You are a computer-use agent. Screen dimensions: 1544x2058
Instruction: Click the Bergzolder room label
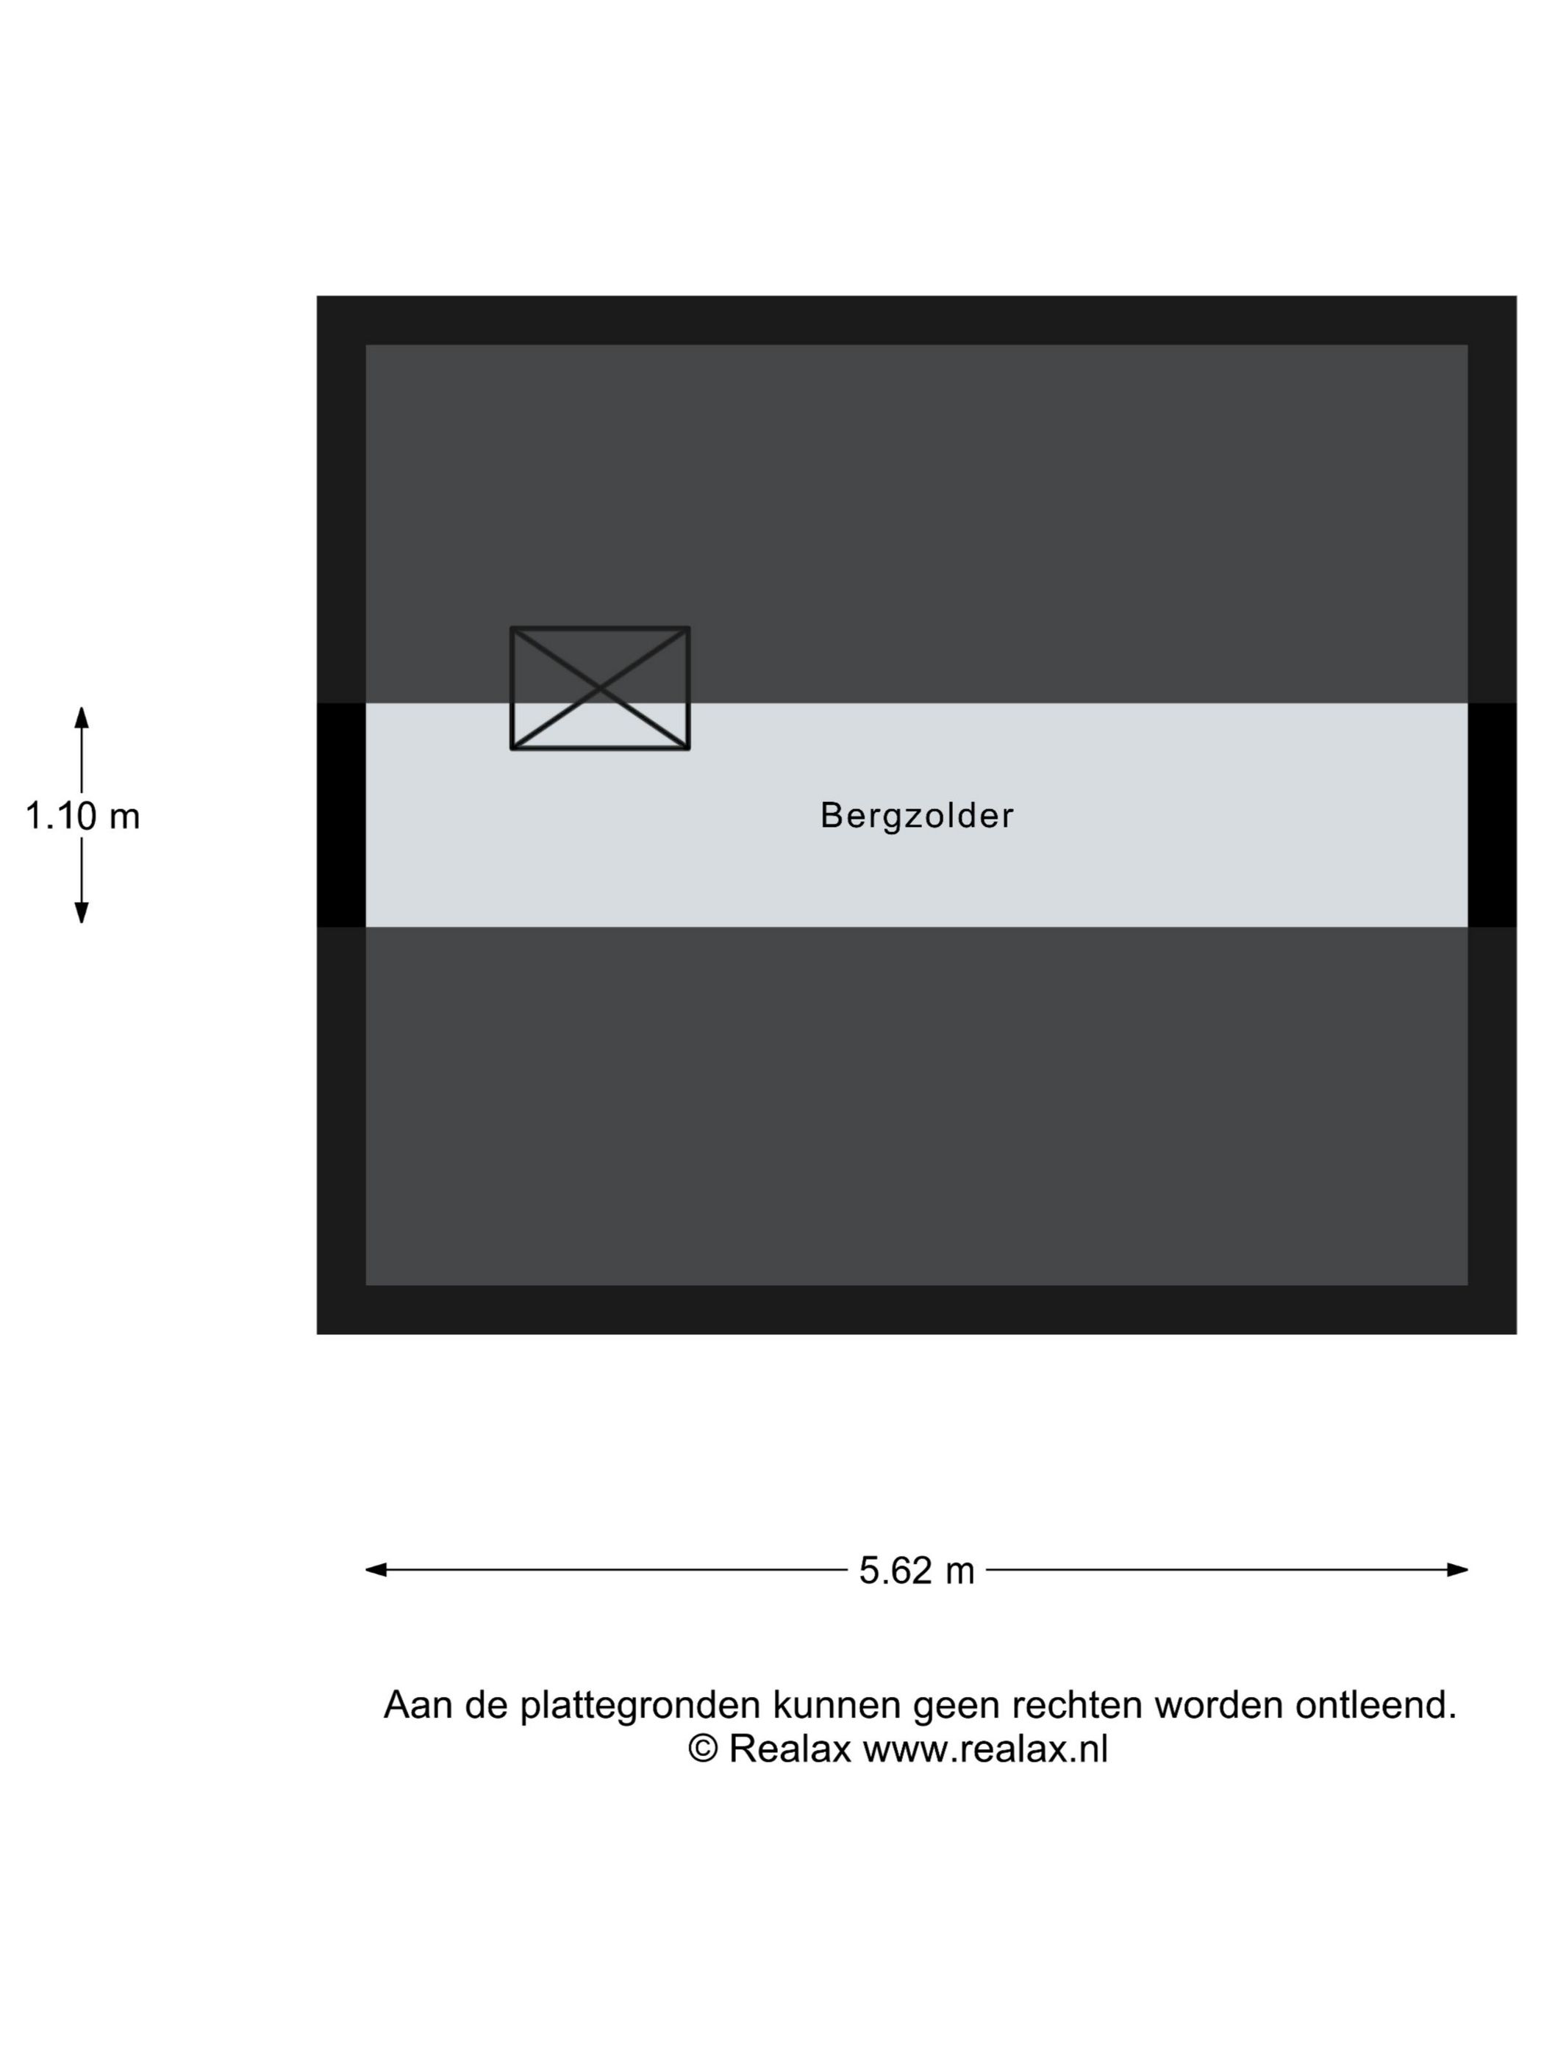(916, 817)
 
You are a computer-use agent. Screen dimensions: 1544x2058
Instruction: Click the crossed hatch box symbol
(600, 689)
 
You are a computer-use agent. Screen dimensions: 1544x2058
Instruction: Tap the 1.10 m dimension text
(82, 817)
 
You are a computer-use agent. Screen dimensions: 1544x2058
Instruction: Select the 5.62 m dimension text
(916, 1571)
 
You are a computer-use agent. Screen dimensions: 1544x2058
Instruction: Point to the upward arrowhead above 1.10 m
(82, 717)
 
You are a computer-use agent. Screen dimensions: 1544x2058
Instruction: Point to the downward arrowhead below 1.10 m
(82, 913)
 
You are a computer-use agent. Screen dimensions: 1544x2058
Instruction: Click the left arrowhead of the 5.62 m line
(376, 1571)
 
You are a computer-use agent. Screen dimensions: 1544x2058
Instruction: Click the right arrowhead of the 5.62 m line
(1457, 1571)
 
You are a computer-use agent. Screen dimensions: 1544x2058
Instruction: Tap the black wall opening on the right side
(1492, 815)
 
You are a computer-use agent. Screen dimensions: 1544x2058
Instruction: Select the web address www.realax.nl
(986, 1750)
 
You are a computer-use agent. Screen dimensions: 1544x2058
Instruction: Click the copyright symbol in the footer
(703, 1750)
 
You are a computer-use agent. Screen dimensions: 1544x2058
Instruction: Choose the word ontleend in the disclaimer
(1376, 1704)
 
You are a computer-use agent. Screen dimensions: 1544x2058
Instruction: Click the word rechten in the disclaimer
(1077, 1704)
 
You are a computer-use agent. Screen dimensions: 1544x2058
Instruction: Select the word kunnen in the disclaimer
(837, 1704)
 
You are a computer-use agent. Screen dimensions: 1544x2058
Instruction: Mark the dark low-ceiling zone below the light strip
(916, 1106)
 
